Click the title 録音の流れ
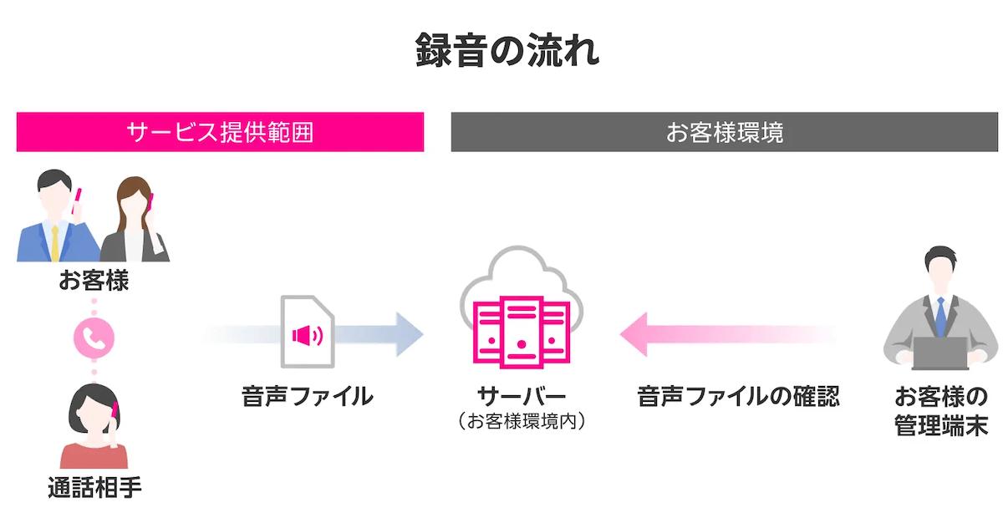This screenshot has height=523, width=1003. click(x=507, y=52)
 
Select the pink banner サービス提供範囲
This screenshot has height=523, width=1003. click(x=220, y=132)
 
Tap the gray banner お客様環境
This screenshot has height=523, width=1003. click(x=726, y=132)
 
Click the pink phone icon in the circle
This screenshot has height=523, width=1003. click(x=94, y=336)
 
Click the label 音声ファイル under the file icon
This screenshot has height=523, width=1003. click(x=307, y=396)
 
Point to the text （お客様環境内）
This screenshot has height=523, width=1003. click(x=522, y=422)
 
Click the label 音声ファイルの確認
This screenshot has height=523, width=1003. click(x=738, y=396)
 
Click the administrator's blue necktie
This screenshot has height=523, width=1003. click(x=940, y=316)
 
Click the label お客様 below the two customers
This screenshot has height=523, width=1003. click(x=94, y=280)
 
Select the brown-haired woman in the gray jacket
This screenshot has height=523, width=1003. click(x=135, y=221)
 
